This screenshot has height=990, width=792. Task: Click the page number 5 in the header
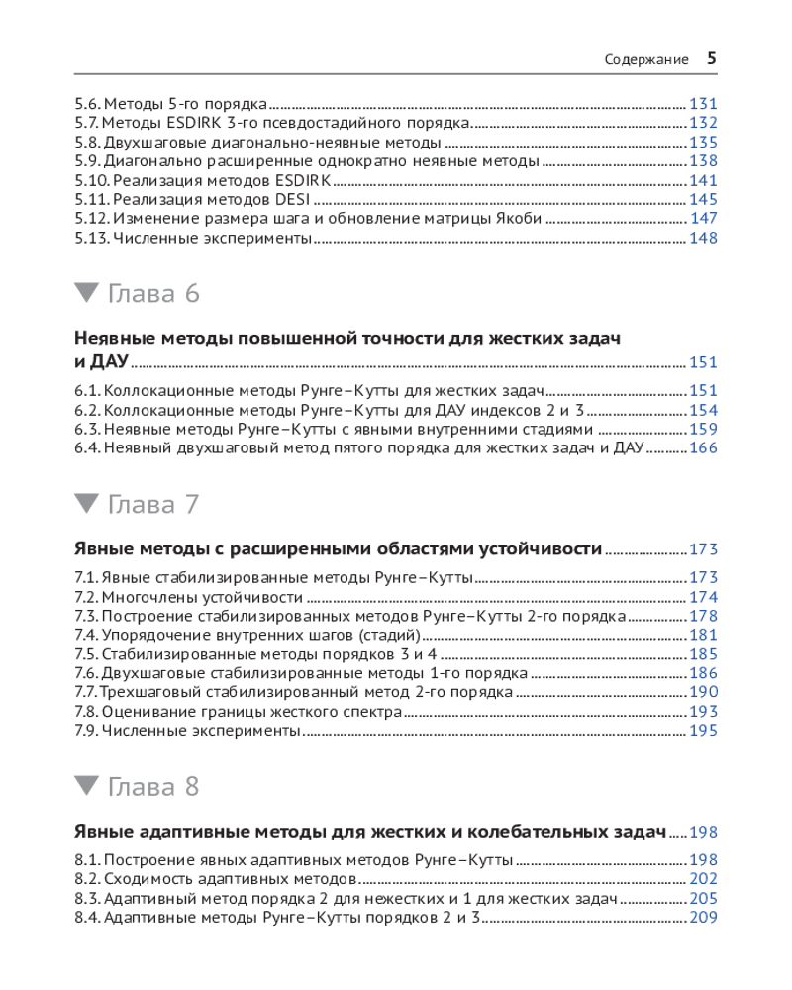711,58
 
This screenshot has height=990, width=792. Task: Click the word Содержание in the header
646,59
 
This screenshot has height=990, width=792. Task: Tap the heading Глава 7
152,504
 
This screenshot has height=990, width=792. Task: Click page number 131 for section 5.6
703,103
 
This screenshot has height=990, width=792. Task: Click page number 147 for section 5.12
703,218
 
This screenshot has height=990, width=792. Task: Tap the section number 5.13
91,238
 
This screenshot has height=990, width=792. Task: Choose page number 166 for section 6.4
703,448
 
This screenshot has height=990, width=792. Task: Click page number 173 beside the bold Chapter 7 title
703,549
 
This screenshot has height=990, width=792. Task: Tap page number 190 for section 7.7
703,692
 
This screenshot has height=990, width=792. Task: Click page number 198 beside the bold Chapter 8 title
703,832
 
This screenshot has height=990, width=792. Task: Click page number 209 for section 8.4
703,918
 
